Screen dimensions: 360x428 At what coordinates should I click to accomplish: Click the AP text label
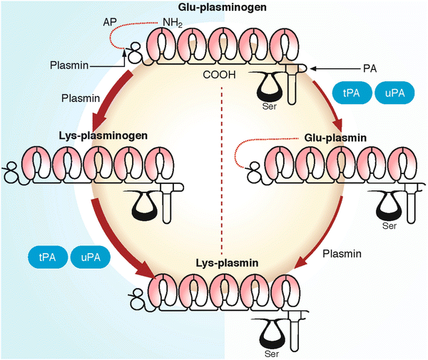[x=103, y=23]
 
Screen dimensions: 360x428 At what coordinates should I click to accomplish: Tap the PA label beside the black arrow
[x=387, y=70]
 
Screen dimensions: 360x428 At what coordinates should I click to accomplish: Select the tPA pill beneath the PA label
[x=350, y=93]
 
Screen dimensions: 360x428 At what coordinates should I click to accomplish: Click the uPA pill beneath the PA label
[x=393, y=93]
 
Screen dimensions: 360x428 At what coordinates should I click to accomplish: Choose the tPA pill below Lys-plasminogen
[x=47, y=256]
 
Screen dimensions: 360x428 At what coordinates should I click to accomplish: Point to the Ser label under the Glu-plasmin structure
[x=388, y=226]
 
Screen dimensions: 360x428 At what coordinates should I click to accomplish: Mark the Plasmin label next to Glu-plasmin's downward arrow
[x=340, y=253]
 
